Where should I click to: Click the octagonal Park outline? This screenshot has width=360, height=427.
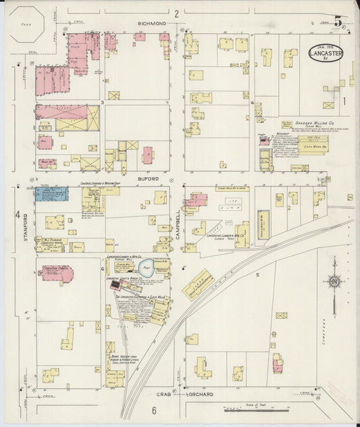pos(28,24)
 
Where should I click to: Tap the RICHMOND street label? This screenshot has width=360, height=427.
pos(152,23)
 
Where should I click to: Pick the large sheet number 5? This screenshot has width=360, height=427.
pos(338,21)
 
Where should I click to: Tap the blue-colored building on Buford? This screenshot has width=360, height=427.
pos(51,195)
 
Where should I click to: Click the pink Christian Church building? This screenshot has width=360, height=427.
pos(56,272)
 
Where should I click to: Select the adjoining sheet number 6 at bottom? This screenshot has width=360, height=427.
pos(154,411)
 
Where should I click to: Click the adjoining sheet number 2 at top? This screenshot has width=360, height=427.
pos(176,13)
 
